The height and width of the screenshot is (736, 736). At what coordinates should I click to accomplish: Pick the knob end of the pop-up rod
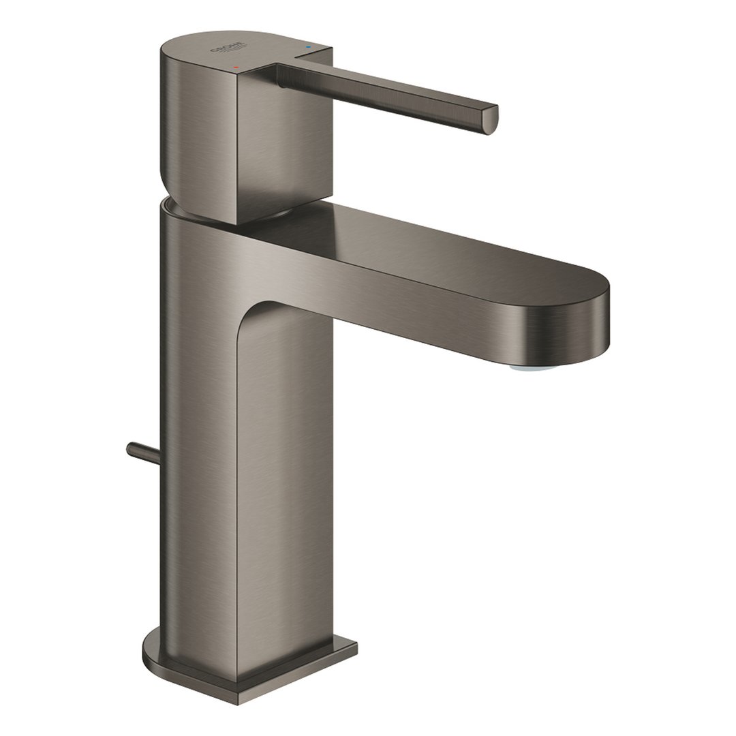tap(130, 448)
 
